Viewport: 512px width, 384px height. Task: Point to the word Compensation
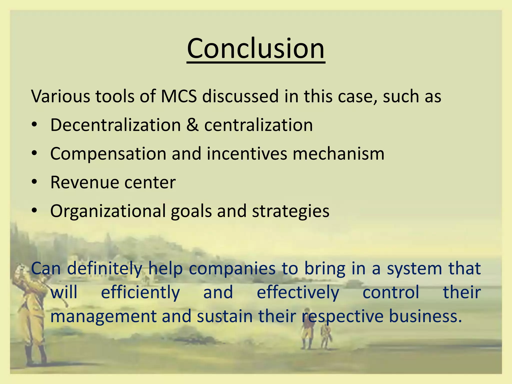108,153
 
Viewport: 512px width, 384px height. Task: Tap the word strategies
290,211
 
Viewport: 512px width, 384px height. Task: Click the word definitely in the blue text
104,268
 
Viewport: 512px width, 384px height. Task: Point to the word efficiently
140,292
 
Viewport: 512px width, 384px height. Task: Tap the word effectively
298,292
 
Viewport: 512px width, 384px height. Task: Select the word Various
60,96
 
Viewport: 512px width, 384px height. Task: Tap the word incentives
247,153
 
